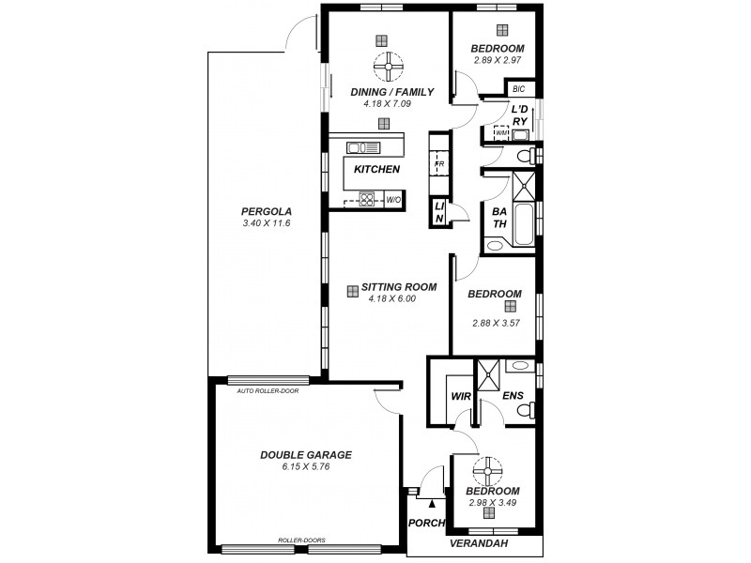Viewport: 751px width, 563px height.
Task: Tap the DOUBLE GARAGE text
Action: tap(306, 454)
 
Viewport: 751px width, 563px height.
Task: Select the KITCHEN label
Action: tap(377, 170)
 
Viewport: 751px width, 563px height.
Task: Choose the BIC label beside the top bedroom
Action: tap(519, 90)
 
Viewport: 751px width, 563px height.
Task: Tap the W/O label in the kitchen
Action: tap(393, 200)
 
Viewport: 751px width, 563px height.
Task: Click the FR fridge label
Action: tap(438, 164)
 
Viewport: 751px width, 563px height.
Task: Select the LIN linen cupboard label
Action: tap(438, 212)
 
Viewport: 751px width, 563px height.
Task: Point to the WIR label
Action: tap(460, 397)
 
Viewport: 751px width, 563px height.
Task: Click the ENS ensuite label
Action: tap(513, 397)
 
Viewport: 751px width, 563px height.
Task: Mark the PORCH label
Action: tap(425, 524)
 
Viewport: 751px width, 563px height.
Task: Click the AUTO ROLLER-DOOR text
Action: tap(268, 390)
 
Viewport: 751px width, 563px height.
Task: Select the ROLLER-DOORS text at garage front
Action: tap(301, 540)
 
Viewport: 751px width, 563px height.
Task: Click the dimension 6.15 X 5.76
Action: tap(306, 466)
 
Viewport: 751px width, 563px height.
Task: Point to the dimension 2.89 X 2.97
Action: tap(498, 60)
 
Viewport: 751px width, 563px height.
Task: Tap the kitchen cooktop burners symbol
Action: tap(366, 198)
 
